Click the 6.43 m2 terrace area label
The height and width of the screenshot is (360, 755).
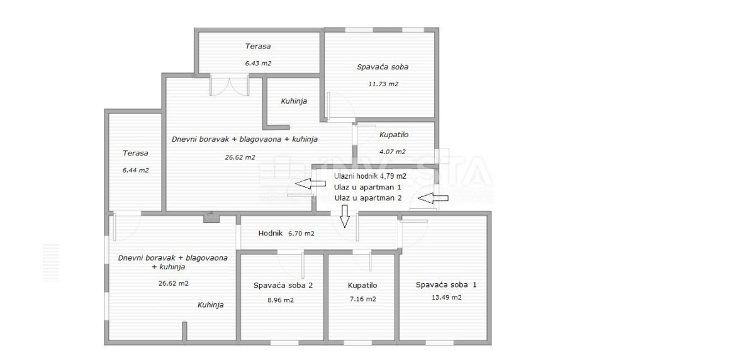(258, 63)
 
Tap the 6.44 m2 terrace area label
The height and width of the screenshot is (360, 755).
(135, 170)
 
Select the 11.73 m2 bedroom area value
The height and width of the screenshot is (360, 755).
(383, 84)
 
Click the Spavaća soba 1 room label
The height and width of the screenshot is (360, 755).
(446, 285)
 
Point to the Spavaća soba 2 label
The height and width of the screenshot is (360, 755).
(283, 286)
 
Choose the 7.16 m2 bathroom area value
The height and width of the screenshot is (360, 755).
(362, 299)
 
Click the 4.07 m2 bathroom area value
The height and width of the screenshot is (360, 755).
(393, 152)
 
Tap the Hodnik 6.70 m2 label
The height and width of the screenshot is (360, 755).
(286, 233)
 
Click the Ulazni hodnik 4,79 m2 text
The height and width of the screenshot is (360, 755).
(370, 176)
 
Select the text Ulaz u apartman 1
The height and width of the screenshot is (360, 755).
(367, 188)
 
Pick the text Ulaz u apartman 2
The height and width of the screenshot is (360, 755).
(368, 198)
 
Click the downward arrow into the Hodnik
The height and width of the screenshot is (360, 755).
(345, 217)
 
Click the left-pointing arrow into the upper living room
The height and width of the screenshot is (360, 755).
(310, 184)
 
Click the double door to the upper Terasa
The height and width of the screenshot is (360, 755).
(229, 86)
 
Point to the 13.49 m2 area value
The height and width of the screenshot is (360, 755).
(447, 297)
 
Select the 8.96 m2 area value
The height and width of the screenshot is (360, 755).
(281, 300)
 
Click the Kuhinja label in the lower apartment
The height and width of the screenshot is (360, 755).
(211, 305)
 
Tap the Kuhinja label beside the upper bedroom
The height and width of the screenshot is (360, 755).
(294, 101)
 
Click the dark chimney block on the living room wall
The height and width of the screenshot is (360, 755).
(211, 218)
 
